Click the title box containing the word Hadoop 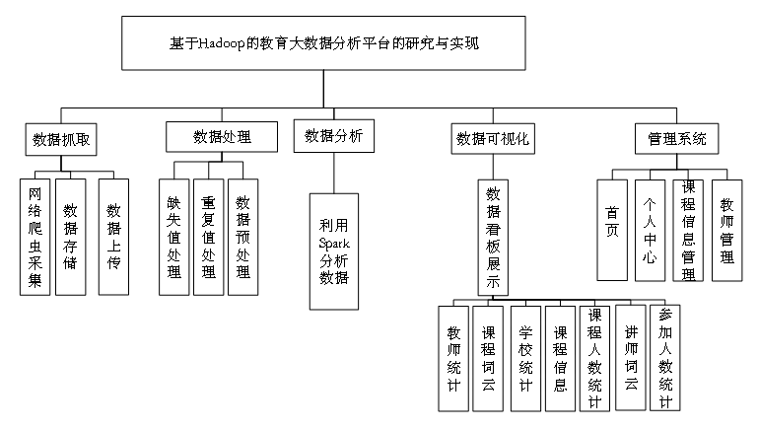tap(323, 43)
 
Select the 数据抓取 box tap(61, 139)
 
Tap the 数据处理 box tap(222, 136)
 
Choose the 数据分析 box tap(334, 136)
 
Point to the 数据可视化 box tap(493, 139)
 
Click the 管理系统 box tap(677, 139)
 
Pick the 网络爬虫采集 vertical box tap(34, 237)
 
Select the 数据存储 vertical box tap(71, 237)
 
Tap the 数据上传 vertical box tap(113, 237)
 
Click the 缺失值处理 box tap(174, 237)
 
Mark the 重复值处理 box tap(209, 237)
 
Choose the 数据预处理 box tap(243, 237)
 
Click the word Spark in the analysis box tap(334, 243)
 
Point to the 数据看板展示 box tap(493, 238)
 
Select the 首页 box tap(612, 230)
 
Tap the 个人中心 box tap(650, 230)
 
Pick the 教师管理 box tap(727, 230)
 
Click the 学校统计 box tap(525, 358)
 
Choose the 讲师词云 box tap(631, 358)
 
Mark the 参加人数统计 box tap(665, 358)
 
